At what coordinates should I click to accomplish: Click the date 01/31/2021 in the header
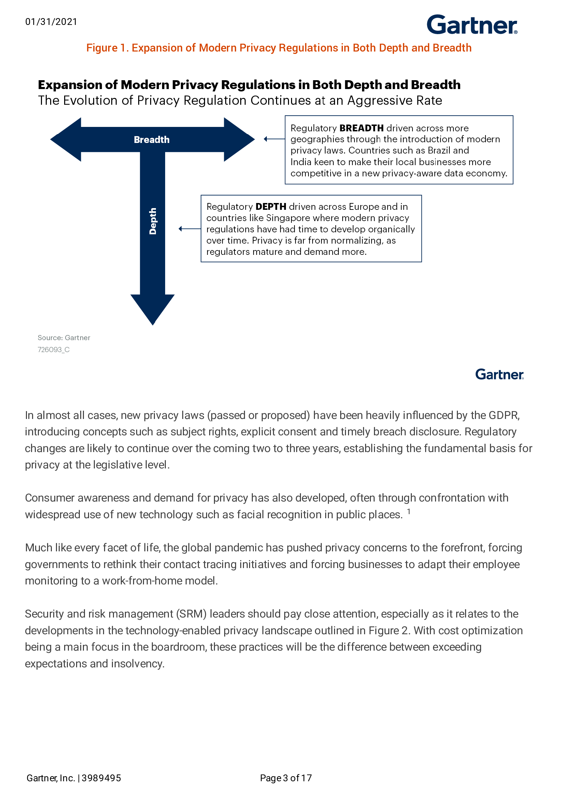tap(51, 22)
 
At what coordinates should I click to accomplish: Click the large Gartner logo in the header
tap(472, 25)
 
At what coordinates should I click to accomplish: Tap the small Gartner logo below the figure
tap(499, 374)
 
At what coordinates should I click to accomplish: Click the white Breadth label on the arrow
tap(151, 140)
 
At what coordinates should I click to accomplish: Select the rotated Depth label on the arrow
tap(153, 221)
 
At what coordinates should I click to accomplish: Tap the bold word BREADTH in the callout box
tap(361, 128)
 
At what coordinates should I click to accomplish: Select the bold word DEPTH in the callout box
tap(271, 206)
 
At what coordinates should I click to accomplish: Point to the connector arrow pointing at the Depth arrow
tap(189, 229)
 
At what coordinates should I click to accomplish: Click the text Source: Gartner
tap(64, 337)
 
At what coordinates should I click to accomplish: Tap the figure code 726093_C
tap(54, 350)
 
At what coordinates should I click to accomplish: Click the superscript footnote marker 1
tap(409, 511)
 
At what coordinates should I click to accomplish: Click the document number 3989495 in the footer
tap(101, 778)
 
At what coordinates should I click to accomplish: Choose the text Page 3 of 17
tap(286, 778)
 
